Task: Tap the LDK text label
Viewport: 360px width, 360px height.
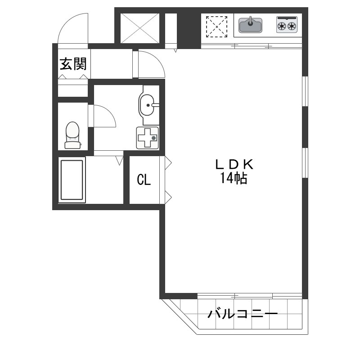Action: click(x=234, y=164)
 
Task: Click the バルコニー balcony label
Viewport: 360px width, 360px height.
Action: click(x=243, y=313)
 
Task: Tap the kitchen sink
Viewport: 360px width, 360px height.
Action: click(x=251, y=25)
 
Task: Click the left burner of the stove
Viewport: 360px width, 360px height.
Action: click(x=282, y=26)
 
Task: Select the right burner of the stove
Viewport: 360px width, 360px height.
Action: click(x=292, y=26)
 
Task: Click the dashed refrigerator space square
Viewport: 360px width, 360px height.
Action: click(x=217, y=27)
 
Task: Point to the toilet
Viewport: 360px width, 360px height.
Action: click(x=72, y=135)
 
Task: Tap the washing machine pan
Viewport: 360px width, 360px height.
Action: click(x=148, y=138)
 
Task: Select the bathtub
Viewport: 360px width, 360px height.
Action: click(x=72, y=180)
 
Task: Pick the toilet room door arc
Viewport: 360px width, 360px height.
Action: click(x=111, y=112)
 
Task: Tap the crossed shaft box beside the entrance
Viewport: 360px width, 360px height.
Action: click(x=140, y=28)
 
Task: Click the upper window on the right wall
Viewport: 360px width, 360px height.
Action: click(x=305, y=91)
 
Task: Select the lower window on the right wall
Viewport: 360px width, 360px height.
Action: click(x=305, y=163)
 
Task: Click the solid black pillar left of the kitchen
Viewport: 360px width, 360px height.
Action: click(x=189, y=31)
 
